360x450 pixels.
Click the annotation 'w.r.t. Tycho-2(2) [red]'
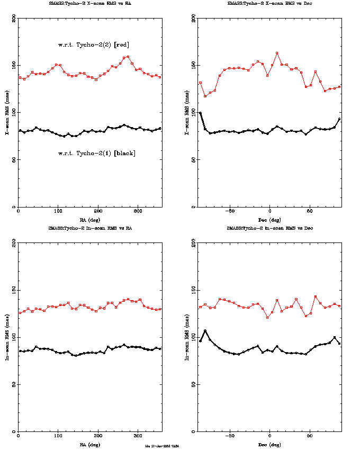[94, 44]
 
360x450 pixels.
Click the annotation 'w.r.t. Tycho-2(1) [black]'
[96, 153]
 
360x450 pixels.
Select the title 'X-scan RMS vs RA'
[89, 3]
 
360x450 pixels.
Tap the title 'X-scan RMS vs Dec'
[269, 3]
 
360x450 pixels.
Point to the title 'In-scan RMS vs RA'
[89, 228]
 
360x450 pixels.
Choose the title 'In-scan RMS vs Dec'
[269, 228]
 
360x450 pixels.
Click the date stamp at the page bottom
[163, 446]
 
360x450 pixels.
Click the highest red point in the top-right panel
[277, 53]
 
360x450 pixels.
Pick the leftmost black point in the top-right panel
[200, 113]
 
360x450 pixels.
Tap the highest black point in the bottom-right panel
[205, 331]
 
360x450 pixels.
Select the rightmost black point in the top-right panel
[339, 119]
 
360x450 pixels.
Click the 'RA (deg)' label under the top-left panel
[89, 219]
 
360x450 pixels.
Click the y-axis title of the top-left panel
[7, 112]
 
